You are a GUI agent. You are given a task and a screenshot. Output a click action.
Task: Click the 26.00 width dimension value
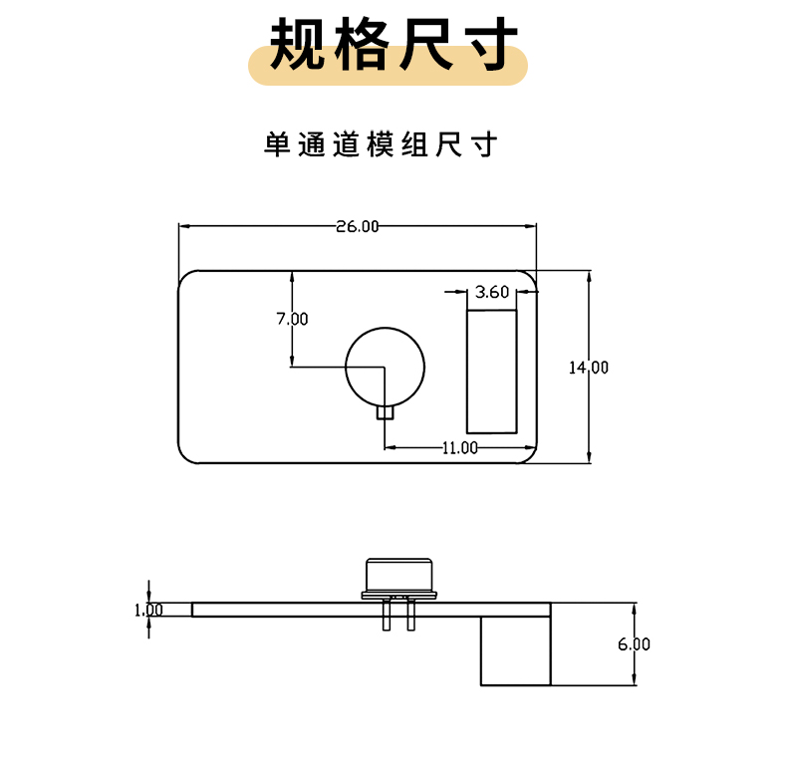coord(358,227)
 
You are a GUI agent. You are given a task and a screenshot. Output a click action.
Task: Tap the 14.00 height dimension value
coord(589,368)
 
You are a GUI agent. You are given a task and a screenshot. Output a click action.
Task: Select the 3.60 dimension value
coord(492,292)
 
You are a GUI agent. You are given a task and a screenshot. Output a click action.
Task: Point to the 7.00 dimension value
coord(292,319)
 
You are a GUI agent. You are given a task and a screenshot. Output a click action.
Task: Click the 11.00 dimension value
coord(460,448)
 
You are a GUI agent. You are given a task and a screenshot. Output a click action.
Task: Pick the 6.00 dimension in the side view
coord(634,644)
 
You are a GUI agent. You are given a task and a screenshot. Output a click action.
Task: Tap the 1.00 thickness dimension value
coord(148,610)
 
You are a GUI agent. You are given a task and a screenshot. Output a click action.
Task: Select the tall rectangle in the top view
coord(492,372)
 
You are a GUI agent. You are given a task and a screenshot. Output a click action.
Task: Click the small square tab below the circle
coord(386,412)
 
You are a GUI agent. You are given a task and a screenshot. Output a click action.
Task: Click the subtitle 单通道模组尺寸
coord(380,145)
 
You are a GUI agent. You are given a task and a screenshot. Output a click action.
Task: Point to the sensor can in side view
coord(398,574)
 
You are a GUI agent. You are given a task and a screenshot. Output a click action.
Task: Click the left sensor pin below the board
coord(386,616)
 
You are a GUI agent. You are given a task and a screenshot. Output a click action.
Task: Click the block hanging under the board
coord(515,649)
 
